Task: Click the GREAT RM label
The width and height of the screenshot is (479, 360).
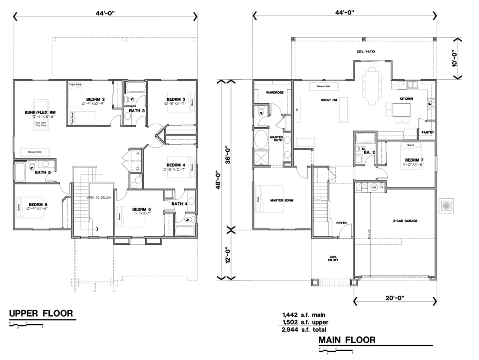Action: point(329,100)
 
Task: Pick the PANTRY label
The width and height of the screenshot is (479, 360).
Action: point(427,133)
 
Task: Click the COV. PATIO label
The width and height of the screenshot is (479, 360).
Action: point(365,51)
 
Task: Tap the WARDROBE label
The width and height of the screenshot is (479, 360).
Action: point(274,92)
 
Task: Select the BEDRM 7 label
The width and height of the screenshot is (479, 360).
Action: point(414,160)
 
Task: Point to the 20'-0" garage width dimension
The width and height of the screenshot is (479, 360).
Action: point(395,298)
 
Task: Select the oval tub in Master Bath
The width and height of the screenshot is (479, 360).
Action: point(261,140)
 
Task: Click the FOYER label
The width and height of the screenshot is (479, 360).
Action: point(341,223)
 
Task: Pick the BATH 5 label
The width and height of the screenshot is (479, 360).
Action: point(42,173)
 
